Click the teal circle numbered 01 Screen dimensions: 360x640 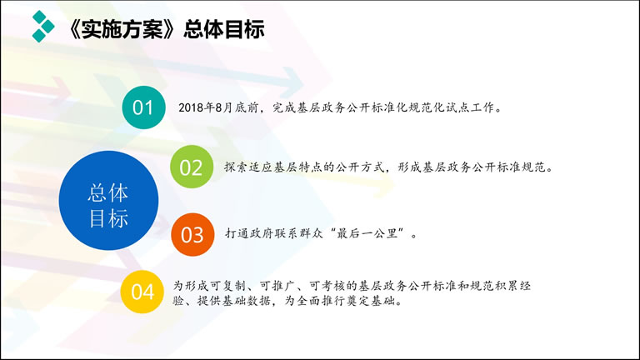pos(143,107)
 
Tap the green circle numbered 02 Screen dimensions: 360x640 pos(191,167)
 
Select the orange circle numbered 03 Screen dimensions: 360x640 pos(192,234)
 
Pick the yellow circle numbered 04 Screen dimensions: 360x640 pos(142,292)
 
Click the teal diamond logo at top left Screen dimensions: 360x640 pos(42,27)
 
